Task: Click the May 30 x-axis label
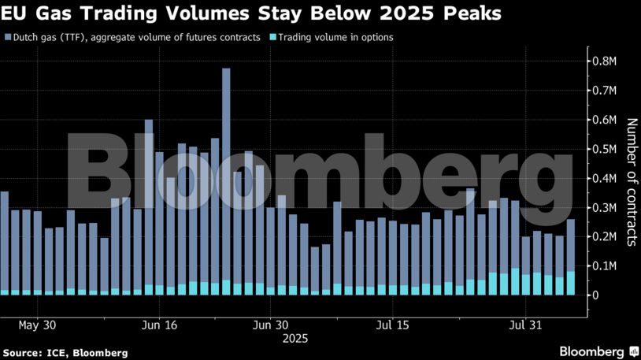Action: [x=37, y=325]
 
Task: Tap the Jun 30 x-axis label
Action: [x=269, y=325]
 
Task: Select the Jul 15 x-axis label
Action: [x=393, y=325]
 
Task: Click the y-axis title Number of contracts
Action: [x=630, y=182]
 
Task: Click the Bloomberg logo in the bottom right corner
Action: [x=598, y=350]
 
